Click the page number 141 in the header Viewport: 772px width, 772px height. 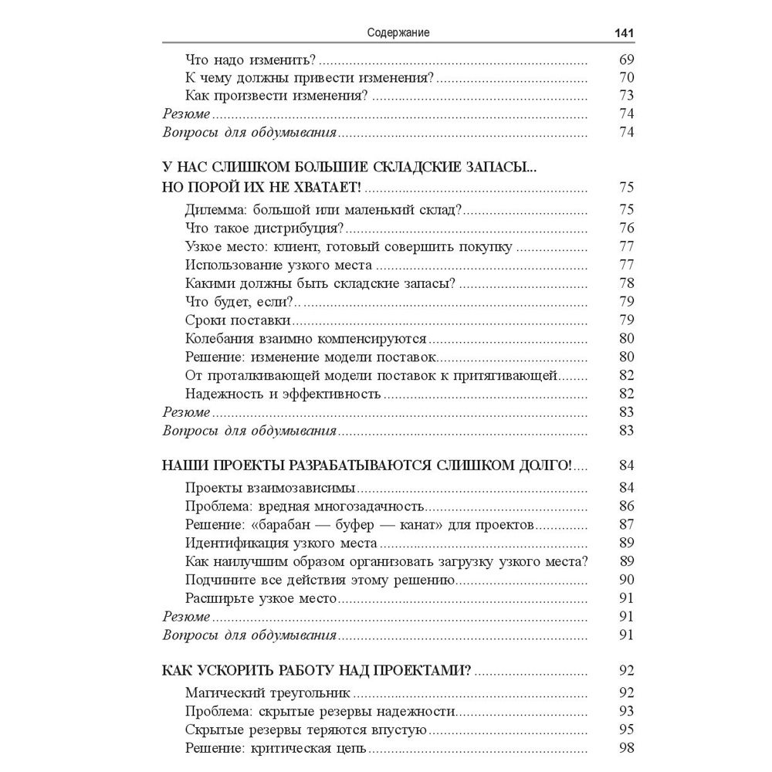click(x=623, y=33)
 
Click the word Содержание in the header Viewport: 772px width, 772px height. click(x=398, y=33)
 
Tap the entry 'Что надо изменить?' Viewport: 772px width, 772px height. click(x=252, y=59)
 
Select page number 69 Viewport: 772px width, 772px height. click(x=626, y=59)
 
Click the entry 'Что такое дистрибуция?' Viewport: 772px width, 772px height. click(x=265, y=228)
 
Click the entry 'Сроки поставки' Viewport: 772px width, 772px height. click(x=238, y=320)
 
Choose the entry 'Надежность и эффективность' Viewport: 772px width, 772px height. click(x=283, y=394)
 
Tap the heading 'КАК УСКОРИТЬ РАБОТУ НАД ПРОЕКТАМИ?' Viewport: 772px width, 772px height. click(x=317, y=670)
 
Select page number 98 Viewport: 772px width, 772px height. click(x=626, y=748)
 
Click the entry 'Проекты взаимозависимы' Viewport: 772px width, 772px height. click(x=271, y=488)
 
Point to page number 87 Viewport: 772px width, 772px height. click(x=626, y=525)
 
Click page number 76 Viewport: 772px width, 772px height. click(x=626, y=228)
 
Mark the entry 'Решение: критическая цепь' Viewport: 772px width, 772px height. click(x=276, y=748)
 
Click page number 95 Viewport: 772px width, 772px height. click(x=626, y=730)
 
